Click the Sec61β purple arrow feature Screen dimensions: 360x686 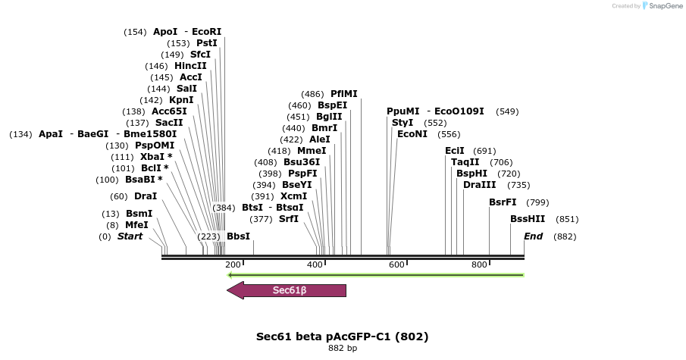pyautogui.click(x=288, y=290)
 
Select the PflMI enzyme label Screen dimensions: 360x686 pyautogui.click(x=343, y=94)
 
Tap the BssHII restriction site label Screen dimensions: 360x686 pyautogui.click(x=524, y=219)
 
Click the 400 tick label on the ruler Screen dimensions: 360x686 pyautogui.click(x=315, y=265)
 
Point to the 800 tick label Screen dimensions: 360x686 pyautogui.click(x=479, y=265)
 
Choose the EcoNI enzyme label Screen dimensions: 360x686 pyautogui.click(x=412, y=134)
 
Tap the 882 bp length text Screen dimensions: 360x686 pyautogui.click(x=343, y=349)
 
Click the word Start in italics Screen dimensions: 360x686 pyautogui.click(x=130, y=236)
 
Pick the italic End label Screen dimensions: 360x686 pyautogui.click(x=533, y=236)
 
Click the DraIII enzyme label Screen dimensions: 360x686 pyautogui.click(x=480, y=185)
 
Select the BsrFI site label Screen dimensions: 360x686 pyautogui.click(x=503, y=202)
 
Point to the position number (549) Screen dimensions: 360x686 pyautogui.click(x=507, y=111)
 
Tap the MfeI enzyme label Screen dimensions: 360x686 pyautogui.click(x=136, y=225)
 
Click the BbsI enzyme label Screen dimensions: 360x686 pyautogui.click(x=238, y=236)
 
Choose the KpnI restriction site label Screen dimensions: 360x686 pyautogui.click(x=181, y=100)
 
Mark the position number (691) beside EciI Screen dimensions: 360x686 pyautogui.click(x=484, y=151)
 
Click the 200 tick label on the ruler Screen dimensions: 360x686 pyautogui.click(x=233, y=265)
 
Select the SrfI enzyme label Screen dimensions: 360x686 pyautogui.click(x=289, y=219)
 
